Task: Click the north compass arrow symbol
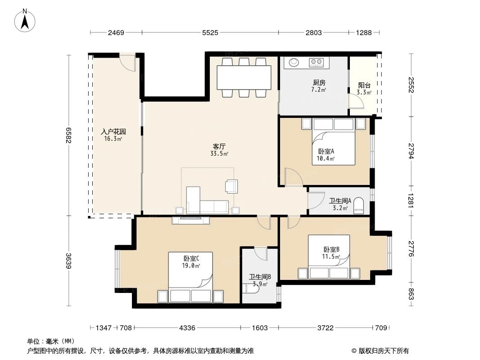click(x=26, y=21)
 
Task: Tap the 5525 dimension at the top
click(x=210, y=32)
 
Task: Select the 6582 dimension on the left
click(x=69, y=134)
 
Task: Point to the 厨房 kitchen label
click(x=319, y=83)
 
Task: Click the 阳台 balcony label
click(x=364, y=85)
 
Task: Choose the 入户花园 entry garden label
click(x=113, y=132)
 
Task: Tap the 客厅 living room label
click(x=219, y=146)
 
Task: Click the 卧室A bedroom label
click(x=326, y=151)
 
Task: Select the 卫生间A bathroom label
click(x=340, y=201)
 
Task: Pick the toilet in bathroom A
click(x=359, y=205)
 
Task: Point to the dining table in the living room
click(x=244, y=77)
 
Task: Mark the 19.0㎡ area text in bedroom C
click(x=191, y=265)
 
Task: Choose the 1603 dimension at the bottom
click(x=260, y=328)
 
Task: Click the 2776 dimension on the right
click(x=411, y=249)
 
